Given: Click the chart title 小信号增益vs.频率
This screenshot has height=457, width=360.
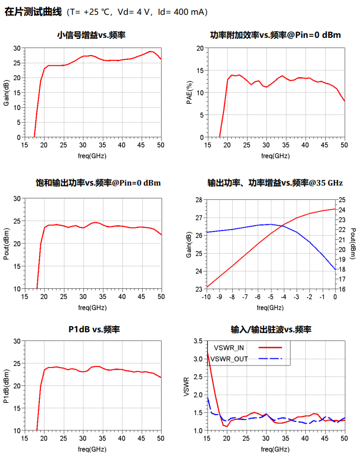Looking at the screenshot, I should point(92,35).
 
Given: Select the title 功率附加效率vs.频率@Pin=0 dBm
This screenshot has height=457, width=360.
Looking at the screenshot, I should point(276,35).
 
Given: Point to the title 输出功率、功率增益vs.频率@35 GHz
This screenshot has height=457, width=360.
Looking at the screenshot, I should point(275,182).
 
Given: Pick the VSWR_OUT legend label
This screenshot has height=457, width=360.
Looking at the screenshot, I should point(229,359).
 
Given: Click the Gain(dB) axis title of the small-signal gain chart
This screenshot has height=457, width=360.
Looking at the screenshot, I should point(6,93).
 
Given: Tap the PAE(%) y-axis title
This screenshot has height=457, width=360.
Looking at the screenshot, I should point(189,93).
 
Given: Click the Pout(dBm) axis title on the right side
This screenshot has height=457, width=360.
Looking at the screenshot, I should point(353,243).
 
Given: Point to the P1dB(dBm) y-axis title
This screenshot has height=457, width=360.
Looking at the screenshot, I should point(6,385).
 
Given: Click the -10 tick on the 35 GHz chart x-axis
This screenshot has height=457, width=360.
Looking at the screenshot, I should point(206,296).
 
